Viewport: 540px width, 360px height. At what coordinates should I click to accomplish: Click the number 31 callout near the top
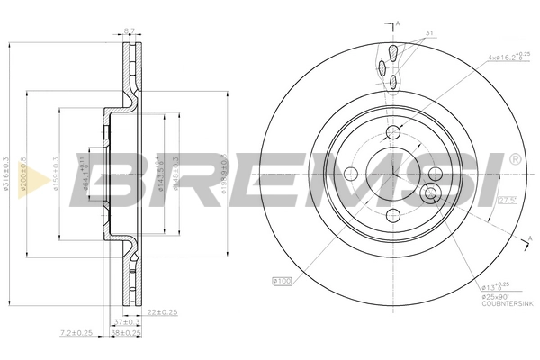tap(430, 34)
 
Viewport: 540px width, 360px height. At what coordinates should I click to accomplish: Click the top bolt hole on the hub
tap(393, 134)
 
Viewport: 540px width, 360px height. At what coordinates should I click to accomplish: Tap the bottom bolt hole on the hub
tap(393, 214)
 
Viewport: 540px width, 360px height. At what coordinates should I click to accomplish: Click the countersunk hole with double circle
tap(430, 193)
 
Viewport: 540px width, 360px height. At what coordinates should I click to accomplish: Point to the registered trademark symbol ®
tap(514, 158)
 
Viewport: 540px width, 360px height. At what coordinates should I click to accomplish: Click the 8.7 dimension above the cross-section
tap(128, 31)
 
